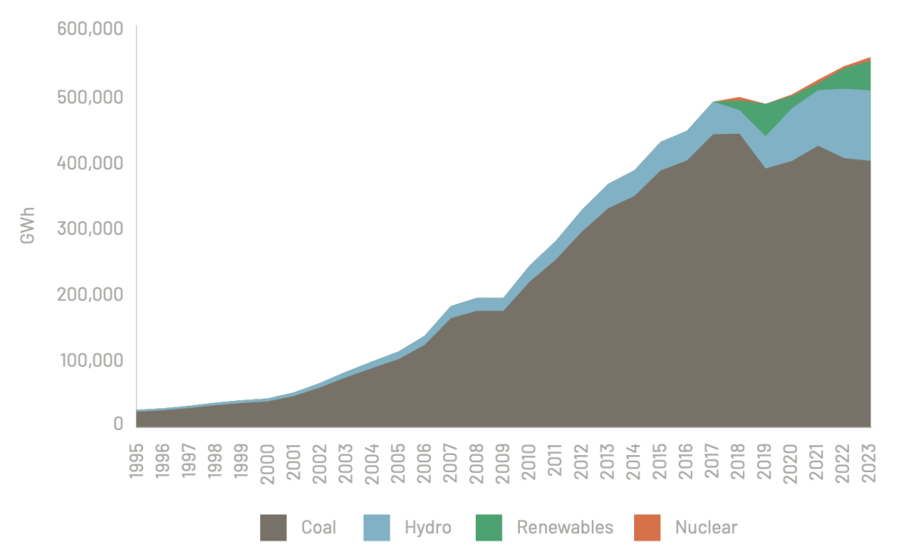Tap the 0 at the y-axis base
tap(117, 424)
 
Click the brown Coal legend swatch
tap(273, 528)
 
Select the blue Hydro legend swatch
tap(378, 528)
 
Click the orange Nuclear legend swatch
tap(647, 528)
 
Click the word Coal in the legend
tap(319, 528)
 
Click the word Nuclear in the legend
tap(706, 528)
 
